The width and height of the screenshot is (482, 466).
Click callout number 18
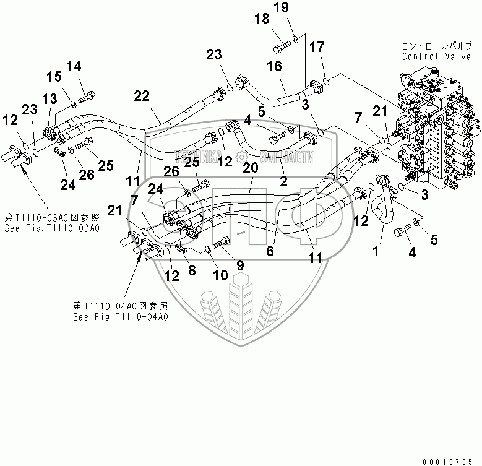tap(262, 19)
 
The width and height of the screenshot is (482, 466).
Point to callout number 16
tap(275, 67)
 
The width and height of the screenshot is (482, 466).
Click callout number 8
tap(191, 270)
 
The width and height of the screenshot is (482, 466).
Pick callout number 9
tap(239, 264)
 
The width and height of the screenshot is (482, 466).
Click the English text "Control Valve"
tap(429, 56)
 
